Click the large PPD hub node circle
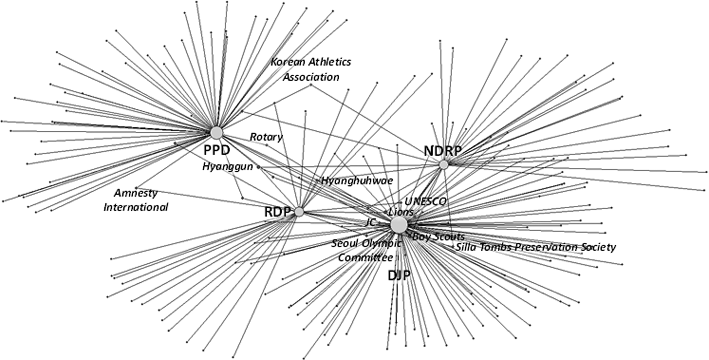[216, 133]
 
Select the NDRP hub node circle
[444, 164]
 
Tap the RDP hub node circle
[299, 212]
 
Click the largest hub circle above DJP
[399, 225]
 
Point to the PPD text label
[216, 150]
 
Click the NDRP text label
[442, 151]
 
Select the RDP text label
[277, 212]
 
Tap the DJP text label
[399, 276]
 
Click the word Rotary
[266, 137]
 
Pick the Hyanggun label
[228, 167]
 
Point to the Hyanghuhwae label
[357, 181]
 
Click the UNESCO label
[425, 201]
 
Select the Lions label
[401, 212]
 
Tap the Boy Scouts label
[439, 237]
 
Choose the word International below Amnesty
[136, 207]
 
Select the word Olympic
[380, 243]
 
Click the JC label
[370, 222]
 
